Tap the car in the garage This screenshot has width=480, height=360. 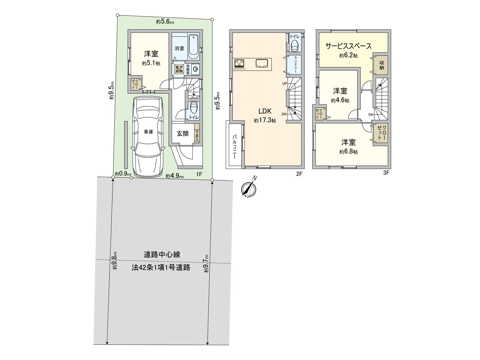click(x=148, y=136)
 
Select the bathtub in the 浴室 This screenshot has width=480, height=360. click(x=194, y=47)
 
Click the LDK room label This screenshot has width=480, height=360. click(x=265, y=111)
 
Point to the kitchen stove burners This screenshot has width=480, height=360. click(x=239, y=63)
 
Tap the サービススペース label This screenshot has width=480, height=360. click(x=349, y=46)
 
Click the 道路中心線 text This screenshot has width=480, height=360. click(x=162, y=255)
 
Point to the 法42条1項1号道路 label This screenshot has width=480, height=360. click(x=161, y=268)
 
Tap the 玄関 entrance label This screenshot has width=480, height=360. click(x=182, y=133)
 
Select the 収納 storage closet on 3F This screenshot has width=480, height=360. click(x=382, y=65)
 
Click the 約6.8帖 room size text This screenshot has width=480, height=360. click(x=348, y=152)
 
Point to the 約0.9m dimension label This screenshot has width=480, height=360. click(x=123, y=174)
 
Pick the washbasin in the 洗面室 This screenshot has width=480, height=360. click(x=196, y=69)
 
